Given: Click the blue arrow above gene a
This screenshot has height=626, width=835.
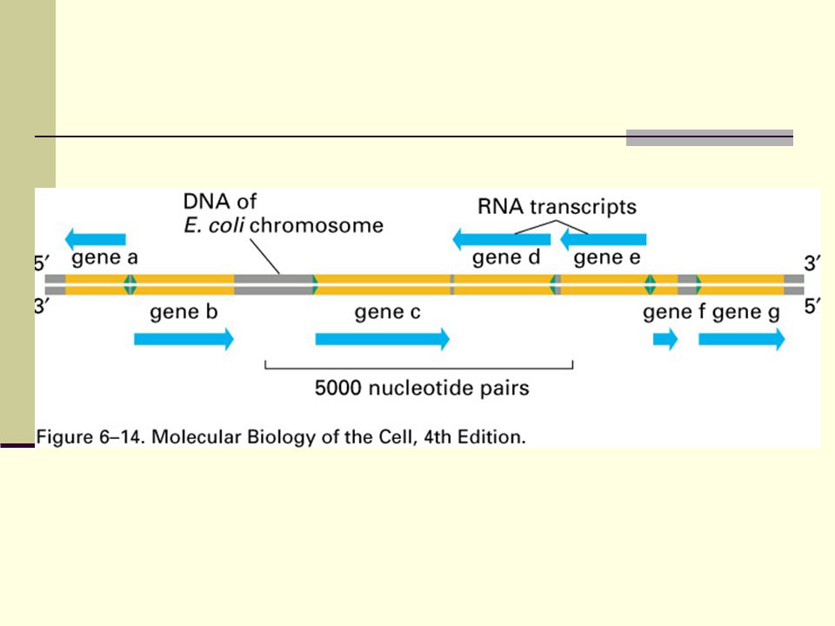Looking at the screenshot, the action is click(96, 239).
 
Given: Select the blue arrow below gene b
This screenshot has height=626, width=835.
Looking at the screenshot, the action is click(184, 338).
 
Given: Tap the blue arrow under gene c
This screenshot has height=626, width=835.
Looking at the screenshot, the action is click(383, 338).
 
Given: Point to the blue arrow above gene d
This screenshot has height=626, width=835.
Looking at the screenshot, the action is click(501, 239).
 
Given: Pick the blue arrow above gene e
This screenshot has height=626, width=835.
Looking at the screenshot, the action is click(604, 239).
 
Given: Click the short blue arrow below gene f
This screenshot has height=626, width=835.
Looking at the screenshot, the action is click(665, 338).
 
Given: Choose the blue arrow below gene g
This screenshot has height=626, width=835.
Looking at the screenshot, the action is click(742, 338).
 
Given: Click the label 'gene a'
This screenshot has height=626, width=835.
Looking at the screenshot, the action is click(105, 258).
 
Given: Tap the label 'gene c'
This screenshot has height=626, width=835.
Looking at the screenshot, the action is click(388, 312).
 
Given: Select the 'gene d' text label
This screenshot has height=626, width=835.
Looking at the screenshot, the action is click(506, 258).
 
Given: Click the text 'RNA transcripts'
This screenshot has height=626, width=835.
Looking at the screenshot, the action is click(557, 207).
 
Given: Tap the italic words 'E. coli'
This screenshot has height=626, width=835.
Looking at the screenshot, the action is click(214, 225).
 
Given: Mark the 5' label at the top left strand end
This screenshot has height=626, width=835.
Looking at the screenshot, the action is click(42, 263).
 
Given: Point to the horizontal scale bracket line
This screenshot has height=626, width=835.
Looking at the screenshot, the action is click(419, 368).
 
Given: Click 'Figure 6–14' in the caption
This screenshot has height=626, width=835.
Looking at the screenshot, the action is click(90, 437).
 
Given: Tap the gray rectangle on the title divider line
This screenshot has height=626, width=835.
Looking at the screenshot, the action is click(710, 137).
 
